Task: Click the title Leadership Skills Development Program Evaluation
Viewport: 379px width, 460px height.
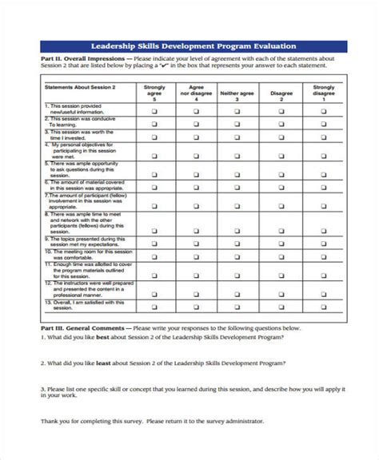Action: click(x=189, y=46)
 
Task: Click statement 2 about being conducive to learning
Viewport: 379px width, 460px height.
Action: click(x=72, y=125)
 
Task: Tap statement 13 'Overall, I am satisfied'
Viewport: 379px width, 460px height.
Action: click(x=76, y=307)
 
